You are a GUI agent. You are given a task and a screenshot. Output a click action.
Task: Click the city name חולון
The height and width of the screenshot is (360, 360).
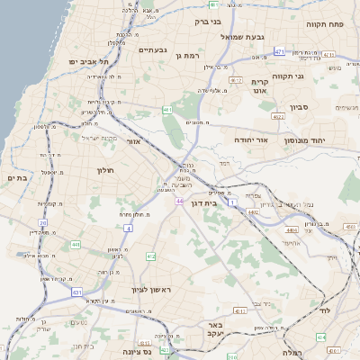click(104, 168)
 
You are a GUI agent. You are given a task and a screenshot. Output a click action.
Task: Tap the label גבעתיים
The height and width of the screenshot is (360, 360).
click(155, 49)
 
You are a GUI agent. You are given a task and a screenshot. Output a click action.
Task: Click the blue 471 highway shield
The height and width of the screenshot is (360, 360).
click(280, 51)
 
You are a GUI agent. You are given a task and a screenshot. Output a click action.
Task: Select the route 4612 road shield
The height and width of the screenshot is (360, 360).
click(237, 80)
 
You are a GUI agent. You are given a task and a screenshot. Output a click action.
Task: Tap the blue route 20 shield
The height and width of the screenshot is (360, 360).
click(42, 221)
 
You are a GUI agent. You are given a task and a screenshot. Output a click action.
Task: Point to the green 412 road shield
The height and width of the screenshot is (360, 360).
click(150, 256)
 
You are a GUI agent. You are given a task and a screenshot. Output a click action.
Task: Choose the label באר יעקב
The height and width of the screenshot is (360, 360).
click(238, 329)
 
